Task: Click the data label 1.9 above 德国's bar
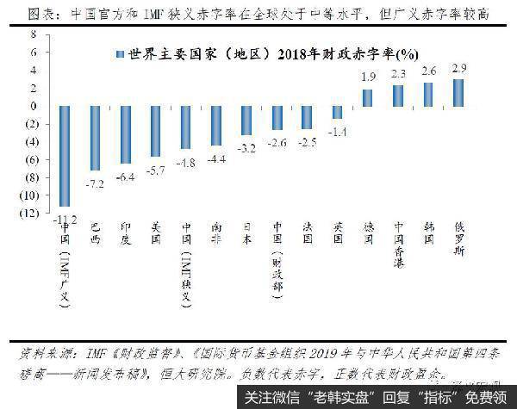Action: [x=368, y=77]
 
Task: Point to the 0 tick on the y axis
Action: [x=32, y=106]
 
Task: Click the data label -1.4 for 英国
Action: [x=338, y=131]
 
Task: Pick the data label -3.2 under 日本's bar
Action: [x=246, y=147]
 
